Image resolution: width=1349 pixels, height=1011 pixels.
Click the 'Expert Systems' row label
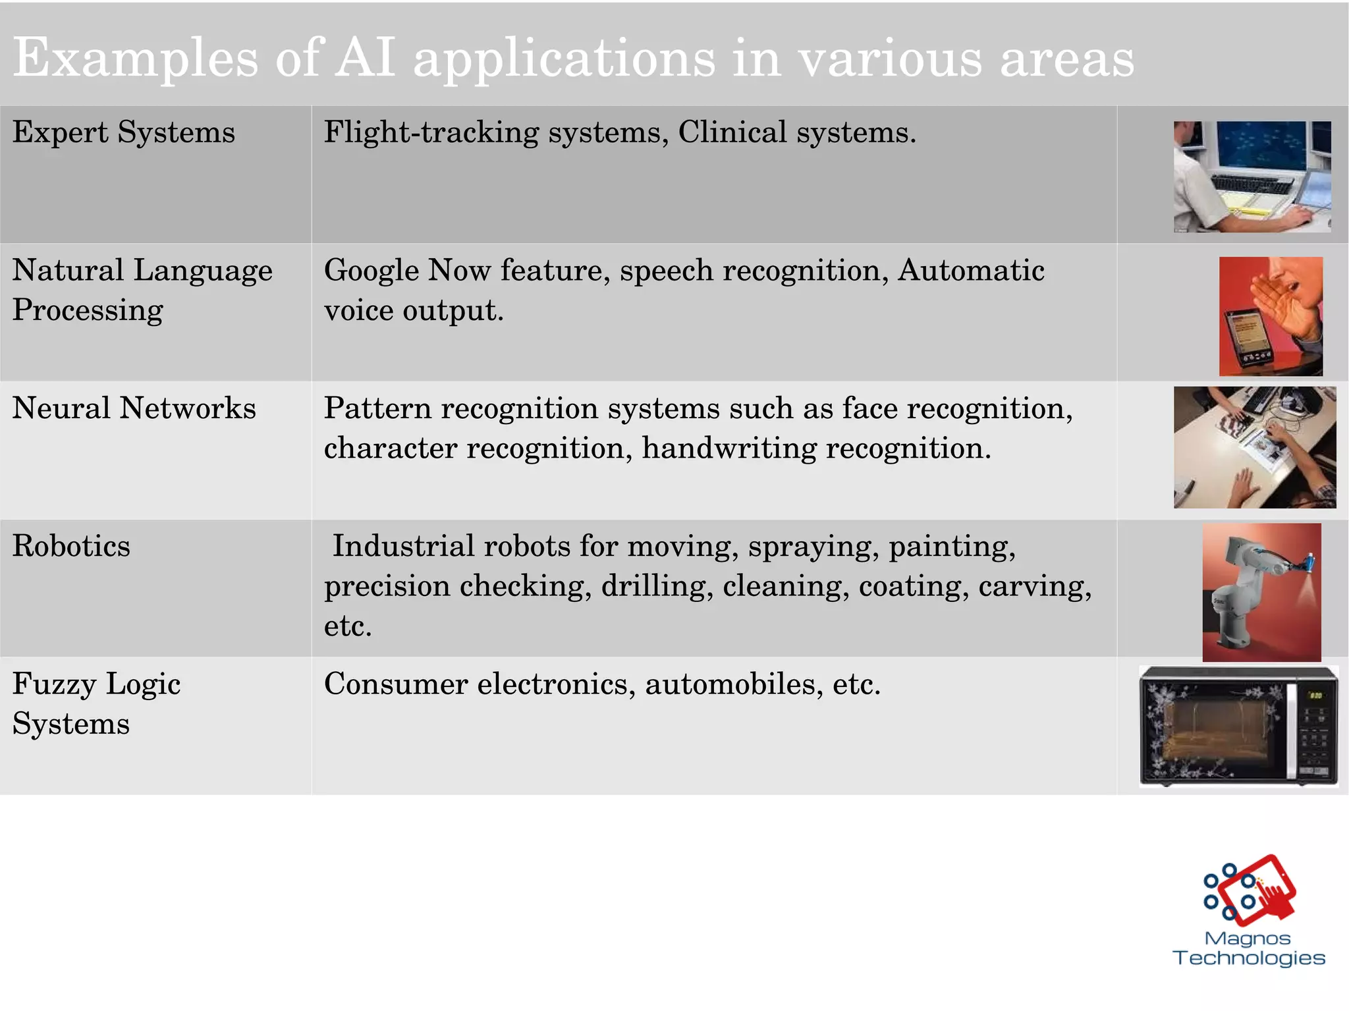(123, 132)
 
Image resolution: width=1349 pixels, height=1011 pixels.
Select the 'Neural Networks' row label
(134, 408)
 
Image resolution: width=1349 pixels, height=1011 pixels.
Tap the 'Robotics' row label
(71, 546)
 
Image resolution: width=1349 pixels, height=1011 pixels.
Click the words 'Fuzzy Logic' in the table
(96, 684)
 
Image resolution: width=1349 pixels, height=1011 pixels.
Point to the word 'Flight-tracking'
(431, 132)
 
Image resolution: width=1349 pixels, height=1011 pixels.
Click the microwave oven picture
(1238, 726)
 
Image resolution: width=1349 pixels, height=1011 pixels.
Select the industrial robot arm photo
(1261, 592)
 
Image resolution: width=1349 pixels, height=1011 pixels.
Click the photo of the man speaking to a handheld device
(1270, 316)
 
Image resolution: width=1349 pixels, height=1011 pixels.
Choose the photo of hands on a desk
(1254, 447)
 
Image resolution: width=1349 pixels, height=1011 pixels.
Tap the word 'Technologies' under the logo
(1248, 958)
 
